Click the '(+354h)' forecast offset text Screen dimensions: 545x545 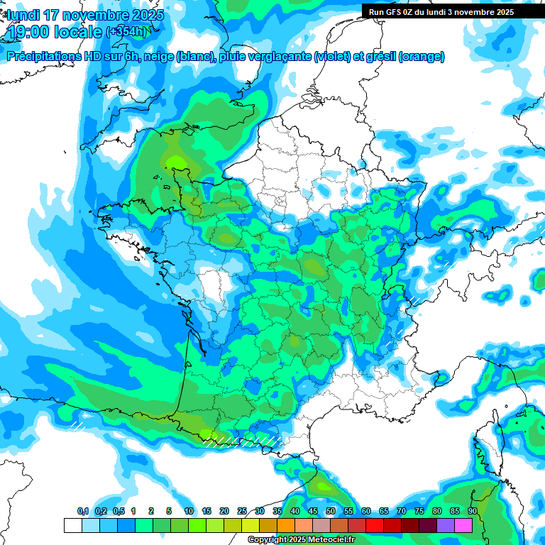[127, 31]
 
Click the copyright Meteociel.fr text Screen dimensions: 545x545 [302, 540]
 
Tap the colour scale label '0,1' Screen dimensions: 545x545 [83, 512]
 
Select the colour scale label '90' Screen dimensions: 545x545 [472, 512]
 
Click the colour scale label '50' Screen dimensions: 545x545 [331, 512]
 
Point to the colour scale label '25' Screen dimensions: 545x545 [242, 512]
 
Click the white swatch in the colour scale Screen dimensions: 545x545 [72, 525]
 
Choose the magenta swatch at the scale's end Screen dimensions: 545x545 [463, 525]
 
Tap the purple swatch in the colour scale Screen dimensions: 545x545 [446, 525]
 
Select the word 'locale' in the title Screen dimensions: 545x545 [77, 32]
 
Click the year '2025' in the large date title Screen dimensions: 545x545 [146, 14]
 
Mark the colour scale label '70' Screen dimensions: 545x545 [402, 512]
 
